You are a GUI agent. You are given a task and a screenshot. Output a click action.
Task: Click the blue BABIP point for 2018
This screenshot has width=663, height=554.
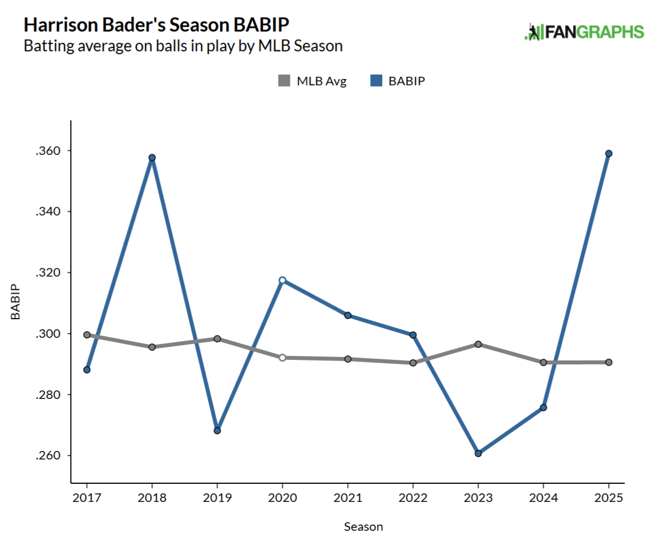[x=152, y=157]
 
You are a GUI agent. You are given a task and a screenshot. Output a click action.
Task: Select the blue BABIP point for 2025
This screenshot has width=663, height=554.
[x=609, y=153]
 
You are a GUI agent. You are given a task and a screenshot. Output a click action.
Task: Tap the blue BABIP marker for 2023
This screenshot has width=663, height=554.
[x=478, y=453]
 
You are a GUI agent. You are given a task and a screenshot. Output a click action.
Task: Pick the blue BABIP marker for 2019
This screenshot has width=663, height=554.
[x=217, y=431]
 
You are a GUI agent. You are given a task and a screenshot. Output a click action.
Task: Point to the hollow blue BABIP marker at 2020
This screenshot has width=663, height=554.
[x=283, y=280]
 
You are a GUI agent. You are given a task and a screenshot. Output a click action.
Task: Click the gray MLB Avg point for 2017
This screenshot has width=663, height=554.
[x=87, y=335]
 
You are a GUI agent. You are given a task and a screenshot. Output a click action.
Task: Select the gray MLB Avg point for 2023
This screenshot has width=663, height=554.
[x=478, y=344]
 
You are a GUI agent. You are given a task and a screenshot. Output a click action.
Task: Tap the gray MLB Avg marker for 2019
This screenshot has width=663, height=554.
[x=217, y=339]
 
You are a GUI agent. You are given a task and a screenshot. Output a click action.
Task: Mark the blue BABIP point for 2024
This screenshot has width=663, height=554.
[x=543, y=407]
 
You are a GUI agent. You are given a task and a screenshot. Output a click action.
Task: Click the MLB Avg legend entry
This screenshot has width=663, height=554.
[x=312, y=81]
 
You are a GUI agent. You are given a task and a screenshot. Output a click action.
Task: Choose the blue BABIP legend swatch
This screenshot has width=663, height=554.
[x=376, y=81]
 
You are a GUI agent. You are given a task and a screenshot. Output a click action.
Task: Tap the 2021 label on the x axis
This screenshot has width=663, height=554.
[x=348, y=498]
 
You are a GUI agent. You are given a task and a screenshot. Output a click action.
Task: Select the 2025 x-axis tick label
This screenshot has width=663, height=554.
[x=609, y=498]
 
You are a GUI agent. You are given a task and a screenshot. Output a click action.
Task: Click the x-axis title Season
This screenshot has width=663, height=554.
[x=363, y=527]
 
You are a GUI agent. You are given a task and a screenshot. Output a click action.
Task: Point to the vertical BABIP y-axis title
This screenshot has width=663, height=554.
[x=16, y=303]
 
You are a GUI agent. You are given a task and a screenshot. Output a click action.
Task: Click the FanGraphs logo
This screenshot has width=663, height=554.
[x=584, y=32]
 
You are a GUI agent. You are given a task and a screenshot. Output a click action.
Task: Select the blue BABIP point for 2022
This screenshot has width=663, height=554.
[x=413, y=335]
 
